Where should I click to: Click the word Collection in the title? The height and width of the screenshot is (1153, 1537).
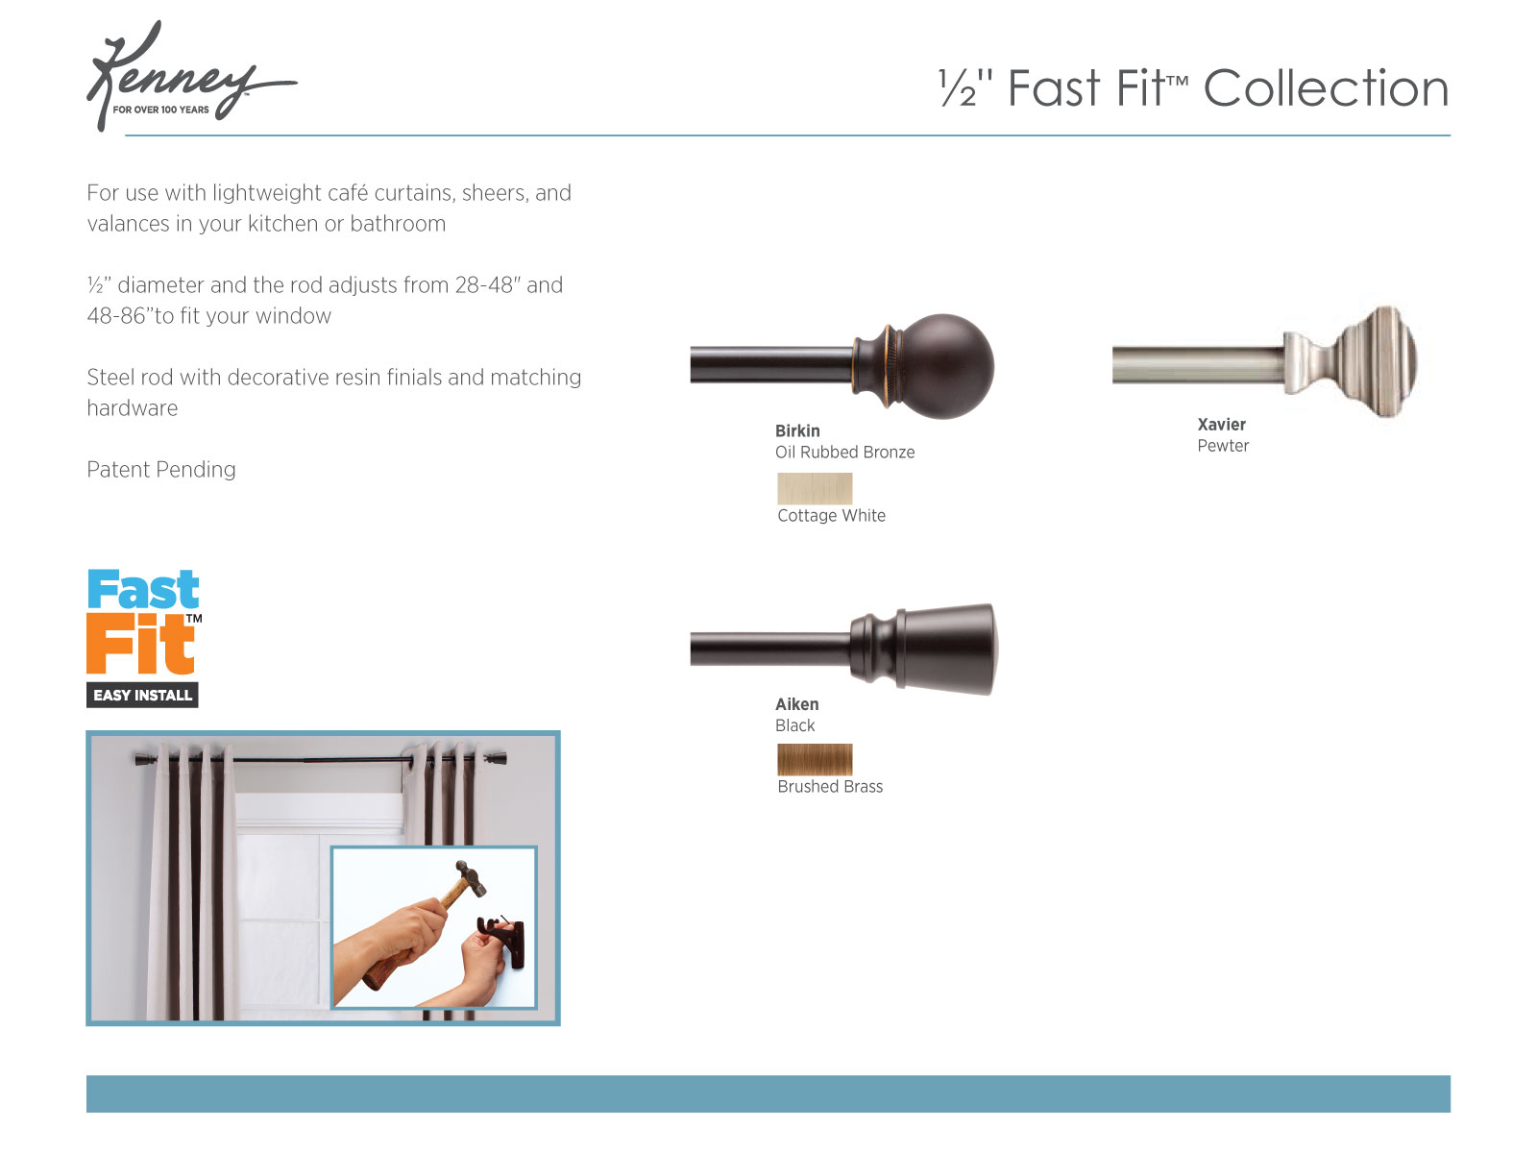click(x=1325, y=89)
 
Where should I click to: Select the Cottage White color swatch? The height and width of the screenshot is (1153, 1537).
click(x=815, y=489)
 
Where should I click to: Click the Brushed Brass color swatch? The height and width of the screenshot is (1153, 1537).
click(x=815, y=760)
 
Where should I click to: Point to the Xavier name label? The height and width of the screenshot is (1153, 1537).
click(x=1221, y=425)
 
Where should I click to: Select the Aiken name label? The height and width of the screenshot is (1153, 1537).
click(x=796, y=704)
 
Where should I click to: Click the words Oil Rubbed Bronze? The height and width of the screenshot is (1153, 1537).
click(x=844, y=453)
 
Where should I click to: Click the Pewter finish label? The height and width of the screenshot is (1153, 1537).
click(x=1222, y=446)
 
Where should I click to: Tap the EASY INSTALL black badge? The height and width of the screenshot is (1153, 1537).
click(x=142, y=695)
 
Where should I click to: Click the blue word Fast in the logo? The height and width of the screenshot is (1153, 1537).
click(x=143, y=590)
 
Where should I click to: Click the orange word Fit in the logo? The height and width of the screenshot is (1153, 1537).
click(x=139, y=645)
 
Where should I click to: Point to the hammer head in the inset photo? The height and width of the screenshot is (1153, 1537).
click(x=471, y=877)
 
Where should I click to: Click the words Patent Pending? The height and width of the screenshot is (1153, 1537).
click(x=161, y=470)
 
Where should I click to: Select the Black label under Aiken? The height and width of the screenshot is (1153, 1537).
click(x=794, y=726)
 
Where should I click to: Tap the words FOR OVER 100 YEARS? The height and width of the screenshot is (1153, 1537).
click(x=160, y=110)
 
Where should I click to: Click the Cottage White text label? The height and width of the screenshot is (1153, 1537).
click(x=831, y=516)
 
